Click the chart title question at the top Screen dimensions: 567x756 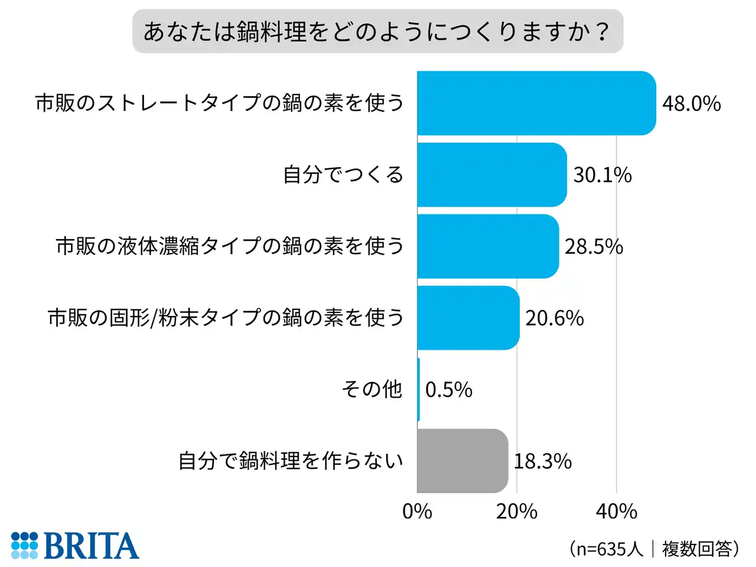pyautogui.click(x=377, y=31)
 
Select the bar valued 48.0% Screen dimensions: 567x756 pyautogui.click(x=536, y=103)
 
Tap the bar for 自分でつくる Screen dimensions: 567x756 pyautogui.click(x=491, y=175)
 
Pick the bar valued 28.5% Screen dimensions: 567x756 pyautogui.click(x=488, y=246)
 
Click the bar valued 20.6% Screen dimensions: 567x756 pyautogui.click(x=468, y=318)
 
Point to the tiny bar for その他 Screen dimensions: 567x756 pyautogui.click(x=418, y=389)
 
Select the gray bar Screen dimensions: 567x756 pyautogui.click(x=462, y=461)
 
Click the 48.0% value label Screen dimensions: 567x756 pyautogui.click(x=691, y=104)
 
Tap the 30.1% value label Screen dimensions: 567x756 pyautogui.click(x=602, y=175)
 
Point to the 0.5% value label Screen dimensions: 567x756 pyautogui.click(x=448, y=390)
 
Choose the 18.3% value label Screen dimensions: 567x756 pyautogui.click(x=542, y=461)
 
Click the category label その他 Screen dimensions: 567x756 pyautogui.click(x=372, y=389)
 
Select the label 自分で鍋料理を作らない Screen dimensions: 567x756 pyautogui.click(x=291, y=461)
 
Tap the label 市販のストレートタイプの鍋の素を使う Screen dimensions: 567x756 pyautogui.click(x=220, y=103)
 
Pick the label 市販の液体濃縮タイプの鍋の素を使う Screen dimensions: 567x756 pyautogui.click(x=230, y=246)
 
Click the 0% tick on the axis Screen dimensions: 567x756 pyautogui.click(x=417, y=511)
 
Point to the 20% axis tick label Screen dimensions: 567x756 pyautogui.click(x=517, y=511)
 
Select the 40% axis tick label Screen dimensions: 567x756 pyautogui.click(x=617, y=511)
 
